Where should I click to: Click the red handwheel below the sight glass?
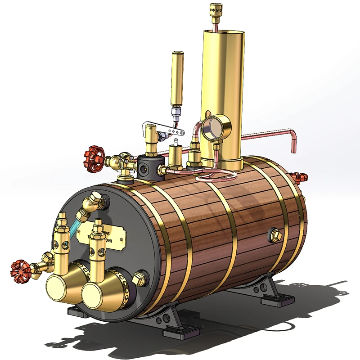tap(21, 270)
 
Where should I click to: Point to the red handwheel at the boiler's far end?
tap(298, 176)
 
